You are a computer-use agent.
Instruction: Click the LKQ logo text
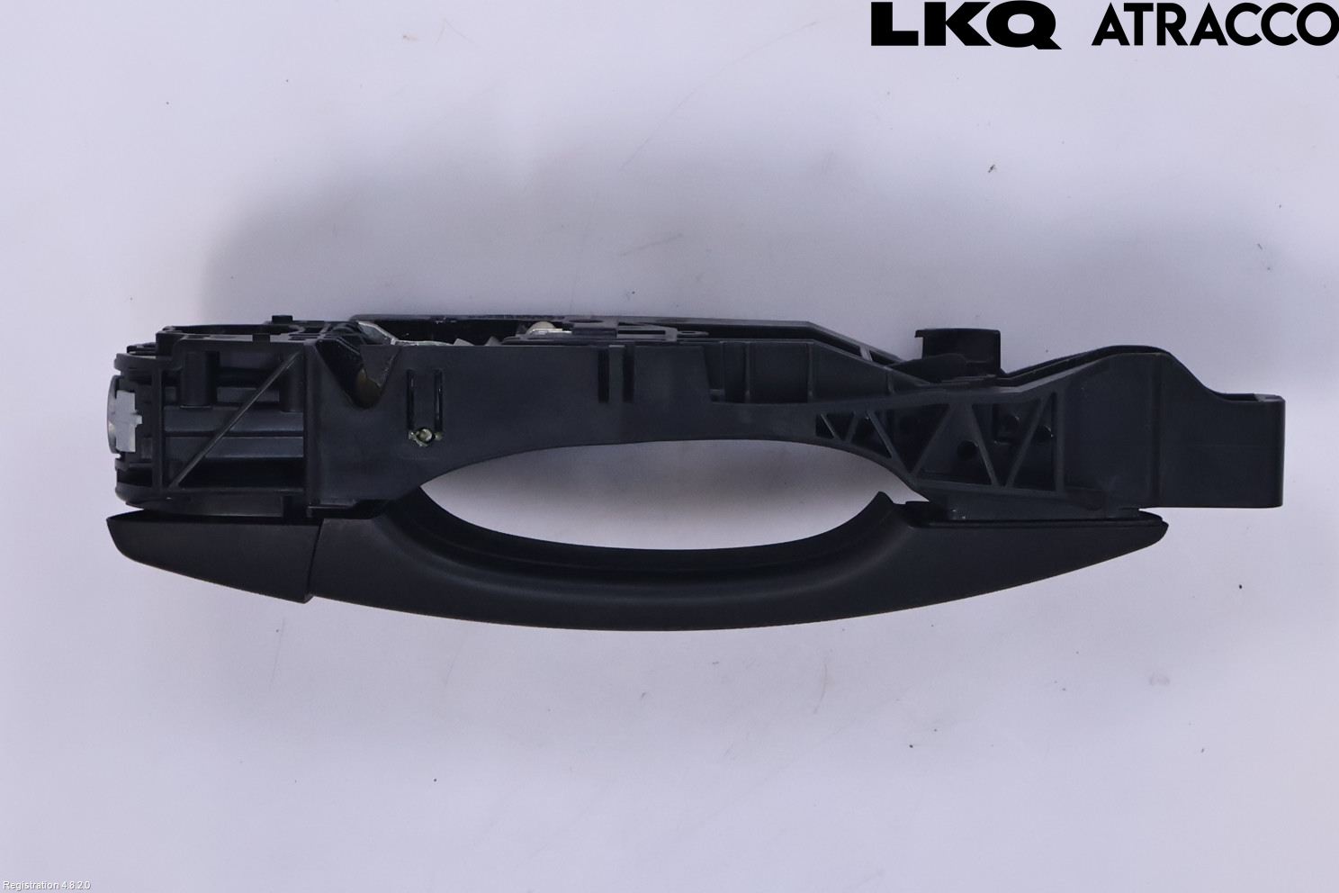(x=965, y=26)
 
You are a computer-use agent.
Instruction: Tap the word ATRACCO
(x=1216, y=26)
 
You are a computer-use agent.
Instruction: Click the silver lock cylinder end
(x=124, y=413)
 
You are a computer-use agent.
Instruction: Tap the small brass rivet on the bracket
(x=423, y=437)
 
